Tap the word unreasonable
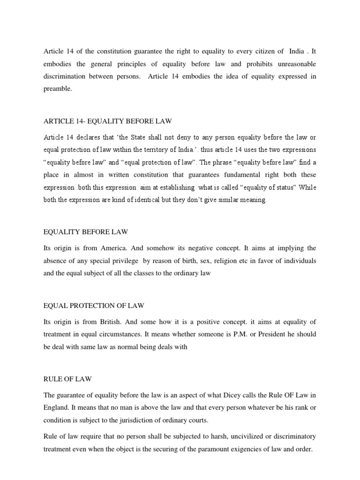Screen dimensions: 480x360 click(x=291, y=63)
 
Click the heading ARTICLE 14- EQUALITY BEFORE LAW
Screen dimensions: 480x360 click(x=107, y=121)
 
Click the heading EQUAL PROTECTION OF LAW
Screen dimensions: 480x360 click(x=94, y=306)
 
